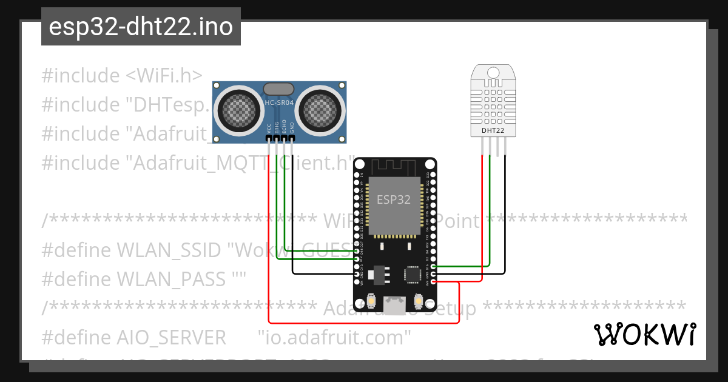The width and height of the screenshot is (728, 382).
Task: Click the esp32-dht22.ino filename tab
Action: (141, 27)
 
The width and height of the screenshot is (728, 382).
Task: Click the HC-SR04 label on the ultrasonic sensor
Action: (279, 104)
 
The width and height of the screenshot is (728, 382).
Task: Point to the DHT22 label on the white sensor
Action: (493, 130)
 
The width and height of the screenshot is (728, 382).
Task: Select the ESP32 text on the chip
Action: (394, 199)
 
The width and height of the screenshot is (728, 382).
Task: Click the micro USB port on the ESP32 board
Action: (396, 305)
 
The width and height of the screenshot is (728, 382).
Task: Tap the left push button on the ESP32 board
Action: (371, 300)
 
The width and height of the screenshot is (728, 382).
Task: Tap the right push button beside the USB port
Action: (418, 300)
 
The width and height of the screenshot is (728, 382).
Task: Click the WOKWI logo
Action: (644, 335)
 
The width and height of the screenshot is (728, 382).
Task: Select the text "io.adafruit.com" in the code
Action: (334, 337)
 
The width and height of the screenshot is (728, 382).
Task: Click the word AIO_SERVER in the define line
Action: (171, 337)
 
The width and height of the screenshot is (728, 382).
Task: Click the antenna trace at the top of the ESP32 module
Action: (394, 165)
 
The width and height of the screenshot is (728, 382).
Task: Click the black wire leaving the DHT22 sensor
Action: (504, 182)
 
